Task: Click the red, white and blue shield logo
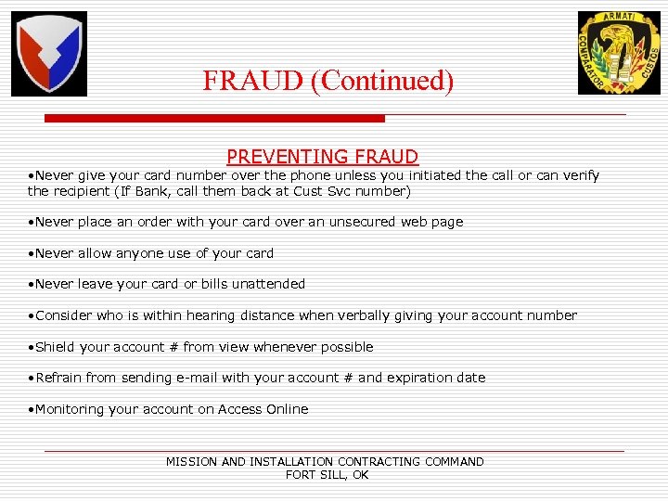(48, 54)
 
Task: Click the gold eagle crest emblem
(619, 53)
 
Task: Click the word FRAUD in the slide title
(254, 81)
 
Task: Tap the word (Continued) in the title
(382, 81)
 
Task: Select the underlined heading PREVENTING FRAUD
(323, 158)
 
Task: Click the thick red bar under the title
(214, 119)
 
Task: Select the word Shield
(56, 347)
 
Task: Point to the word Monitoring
(72, 409)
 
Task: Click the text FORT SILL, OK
(327, 475)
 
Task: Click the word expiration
(418, 378)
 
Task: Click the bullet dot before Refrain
(31, 379)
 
